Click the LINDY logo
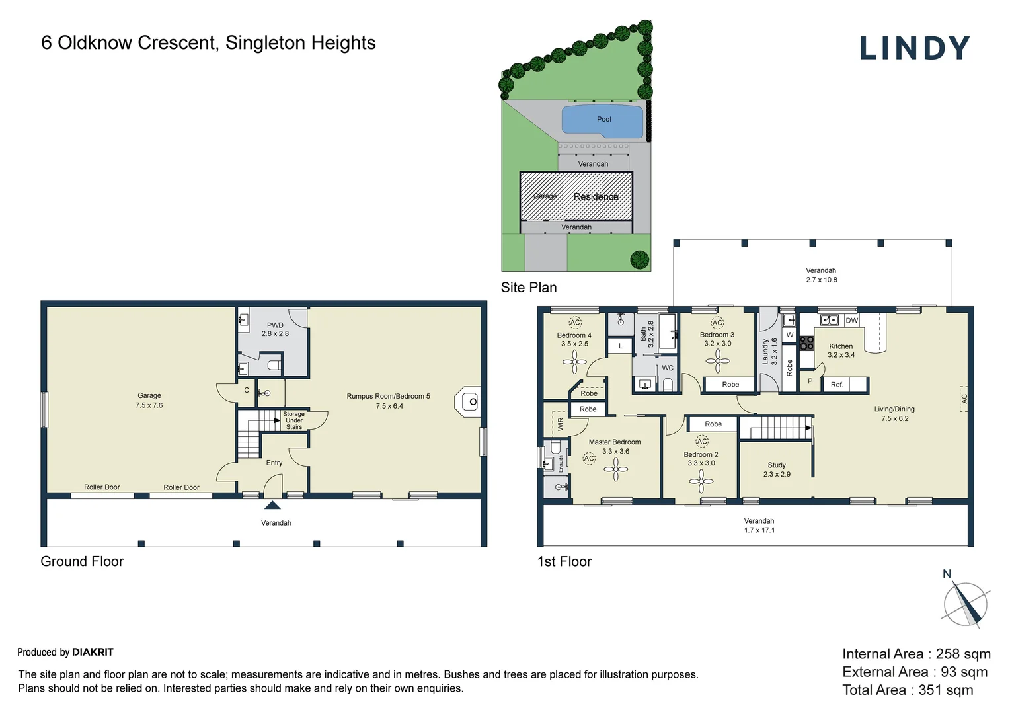914,48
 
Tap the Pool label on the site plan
603,119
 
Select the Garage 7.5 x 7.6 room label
149,400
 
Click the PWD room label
275,325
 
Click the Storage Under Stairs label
294,420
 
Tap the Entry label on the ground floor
274,463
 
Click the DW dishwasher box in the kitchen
852,321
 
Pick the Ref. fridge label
837,385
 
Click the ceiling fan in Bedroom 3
717,361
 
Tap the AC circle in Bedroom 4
575,322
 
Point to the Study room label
777,465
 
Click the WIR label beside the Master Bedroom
561,424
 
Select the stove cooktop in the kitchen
806,343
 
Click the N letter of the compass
947,574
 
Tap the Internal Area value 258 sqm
963,654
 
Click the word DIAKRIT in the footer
93,653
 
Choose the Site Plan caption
529,288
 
